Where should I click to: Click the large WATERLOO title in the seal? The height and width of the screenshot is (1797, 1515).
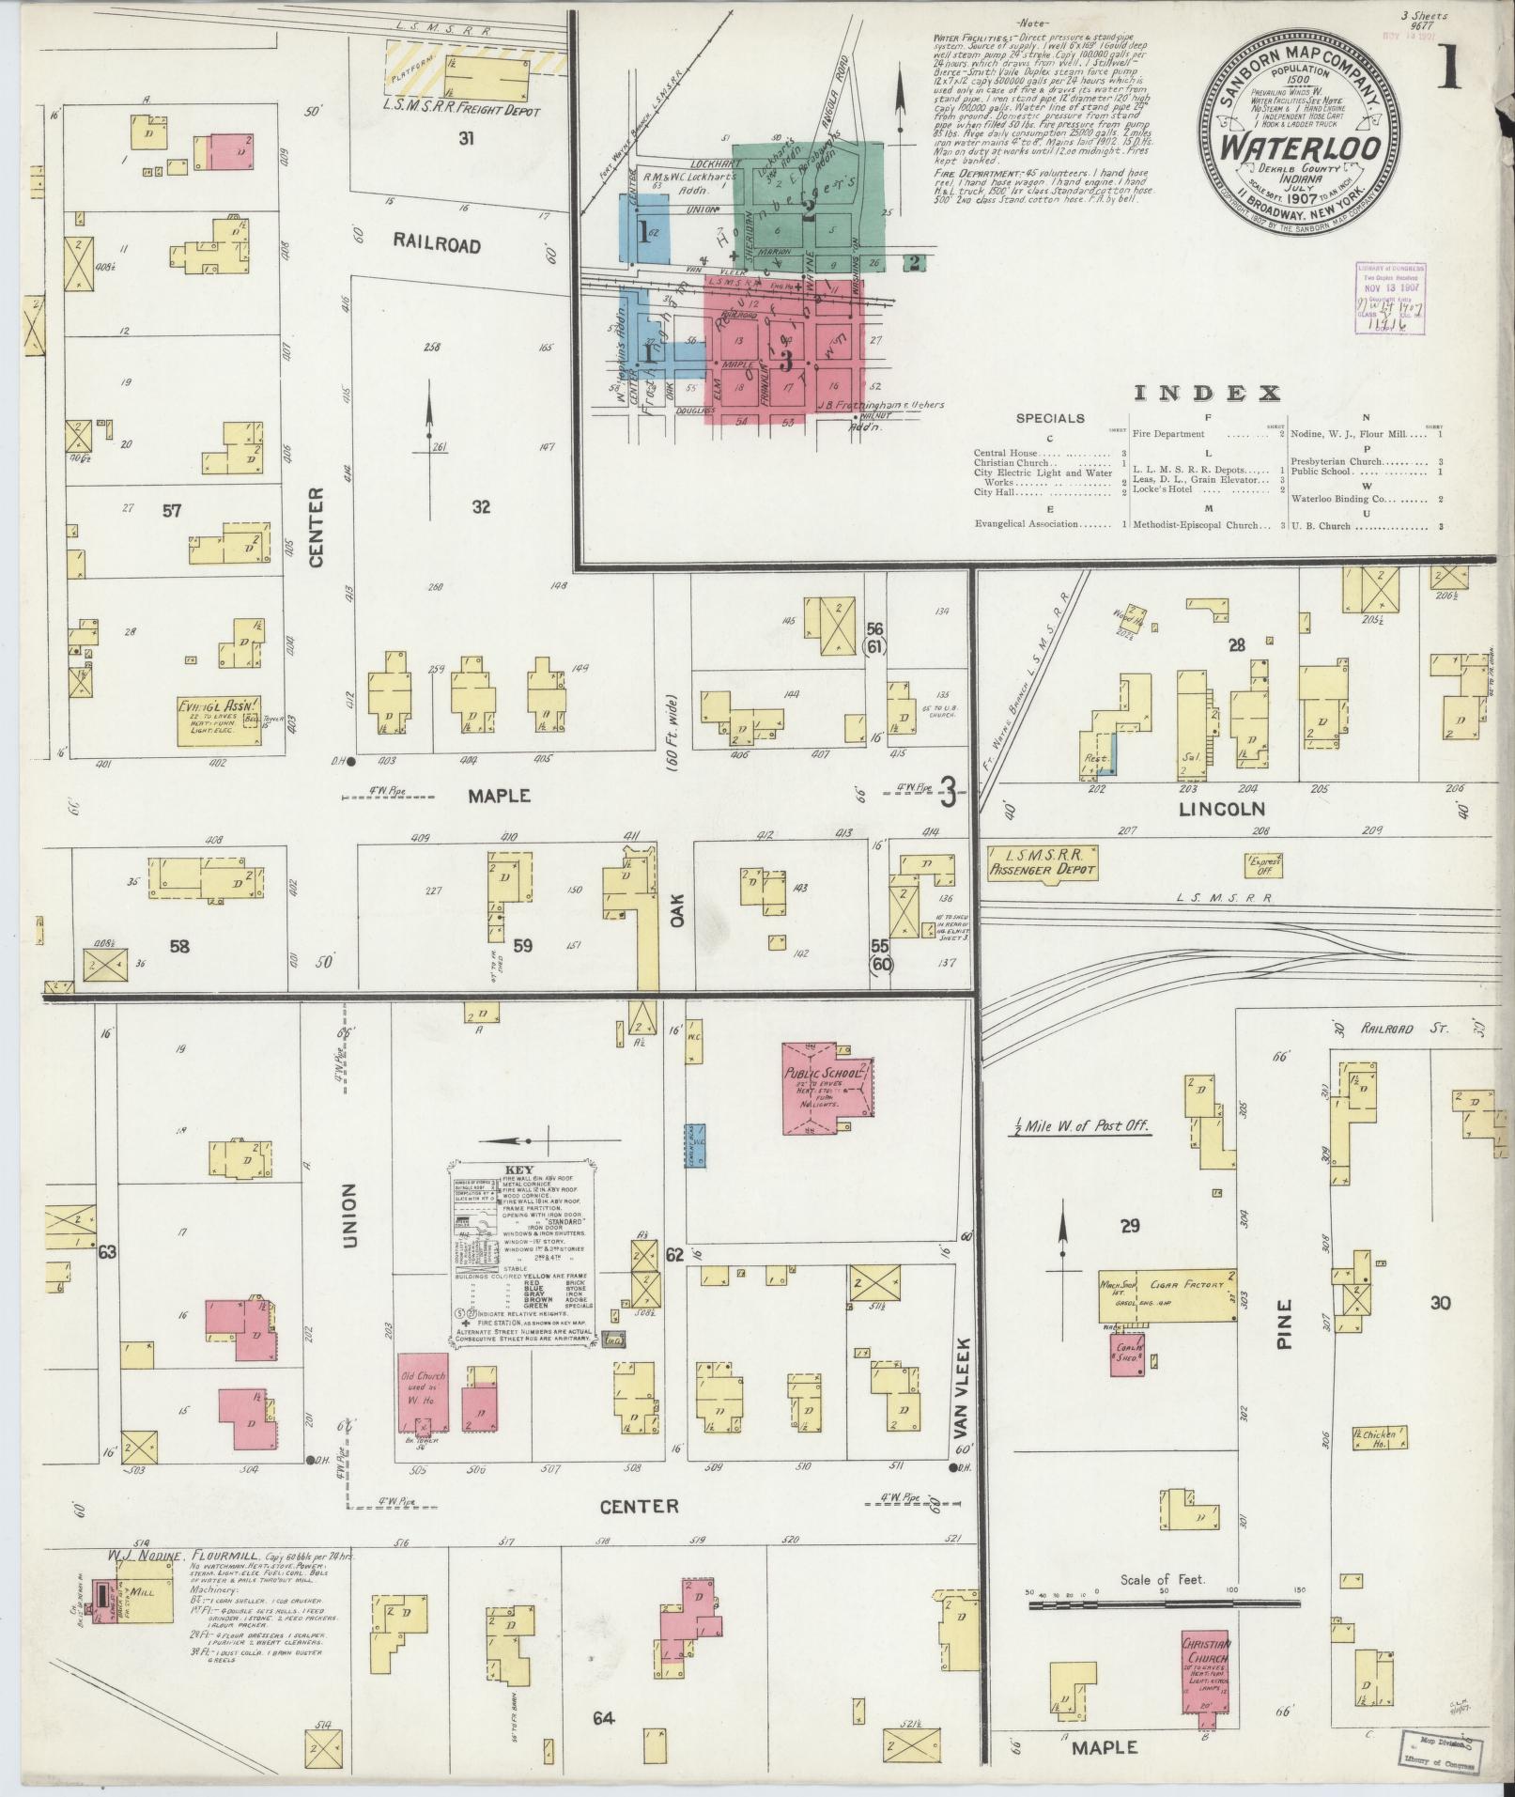coord(1300,148)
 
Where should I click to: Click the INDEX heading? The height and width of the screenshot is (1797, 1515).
coord(1208,393)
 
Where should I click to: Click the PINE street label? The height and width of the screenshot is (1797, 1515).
coord(1284,1324)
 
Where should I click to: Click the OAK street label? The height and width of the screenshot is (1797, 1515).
coord(678,908)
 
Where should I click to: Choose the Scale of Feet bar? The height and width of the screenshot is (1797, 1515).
coord(1162,1605)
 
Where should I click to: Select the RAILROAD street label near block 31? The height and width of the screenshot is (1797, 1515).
coord(437,245)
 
